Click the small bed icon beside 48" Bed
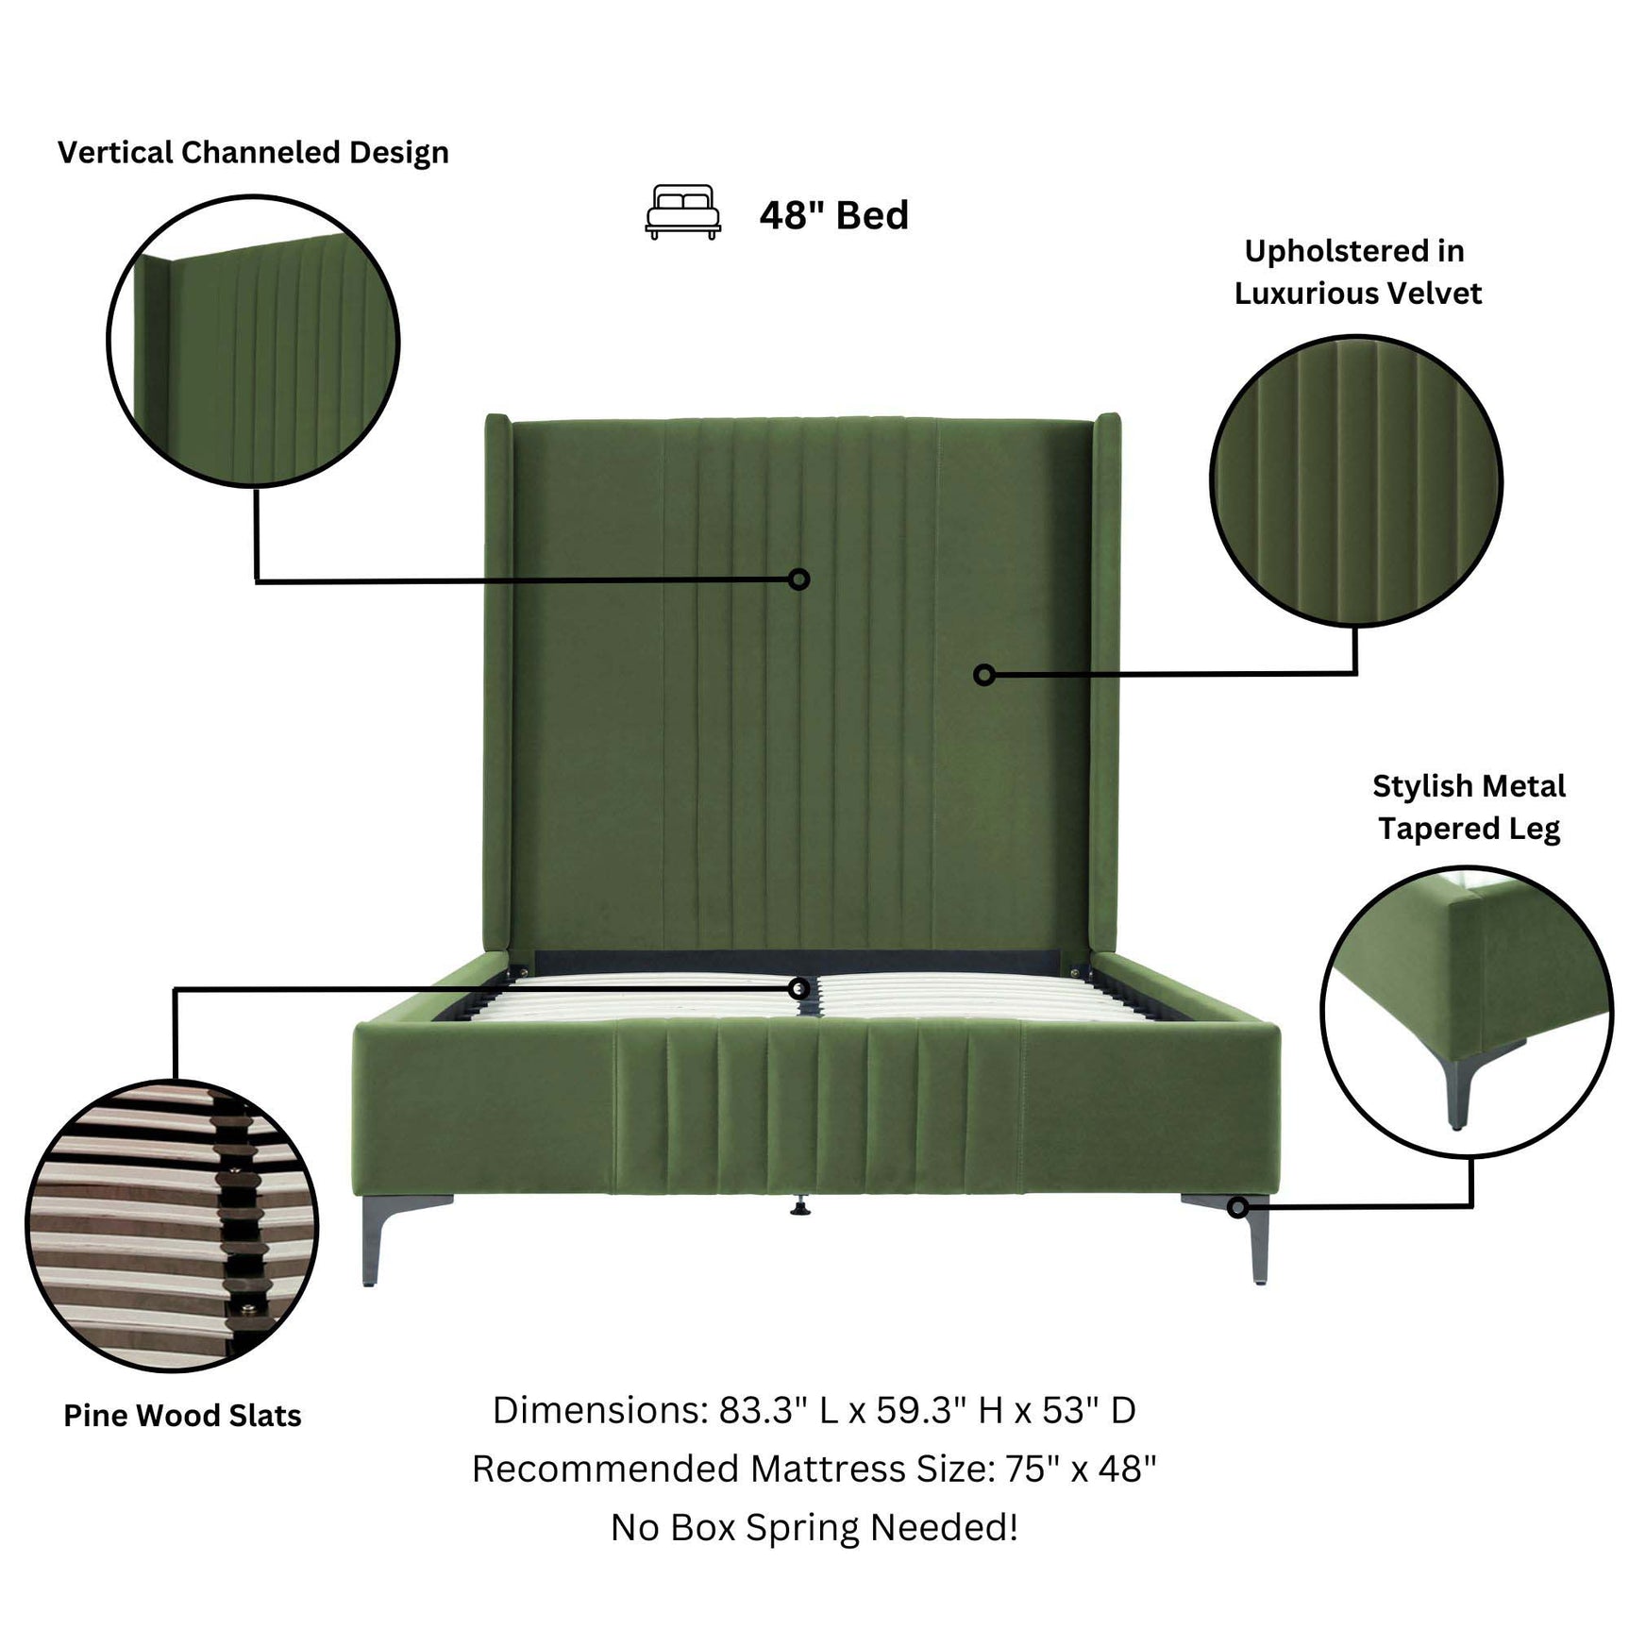pos(682,211)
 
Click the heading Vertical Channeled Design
pos(253,153)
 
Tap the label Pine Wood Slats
pos(182,1416)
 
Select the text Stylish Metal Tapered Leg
pos(1469,807)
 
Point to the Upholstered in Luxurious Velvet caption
pos(1357,272)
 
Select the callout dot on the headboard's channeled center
pos(798,579)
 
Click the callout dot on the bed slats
pos(798,988)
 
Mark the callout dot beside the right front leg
pos(1237,1207)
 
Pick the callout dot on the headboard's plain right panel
pos(983,674)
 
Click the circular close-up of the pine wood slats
pos(172,1226)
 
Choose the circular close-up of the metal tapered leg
pos(1466,1011)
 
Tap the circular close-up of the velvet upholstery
pos(1355,480)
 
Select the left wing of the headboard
pos(498,680)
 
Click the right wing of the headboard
pos(1106,680)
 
